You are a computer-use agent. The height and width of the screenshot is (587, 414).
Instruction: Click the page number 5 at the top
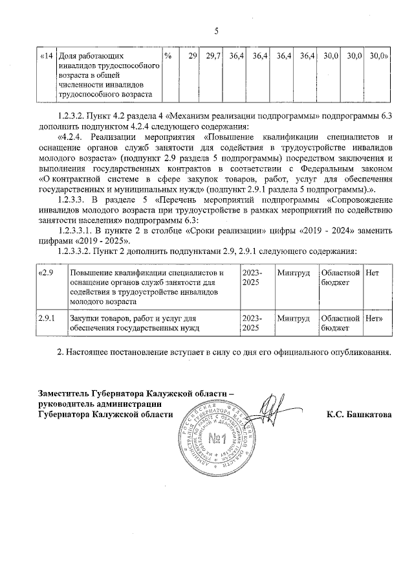click(x=217, y=30)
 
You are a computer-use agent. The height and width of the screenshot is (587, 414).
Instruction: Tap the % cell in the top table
click(x=168, y=56)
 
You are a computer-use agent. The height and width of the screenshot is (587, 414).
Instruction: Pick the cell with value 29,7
click(x=213, y=56)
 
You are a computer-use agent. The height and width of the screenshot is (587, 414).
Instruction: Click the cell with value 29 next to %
click(x=192, y=56)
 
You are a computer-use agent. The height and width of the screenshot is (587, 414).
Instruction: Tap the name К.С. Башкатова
click(x=359, y=414)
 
